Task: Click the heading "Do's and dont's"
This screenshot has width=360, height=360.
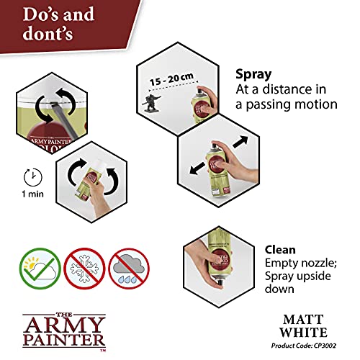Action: pos(61,21)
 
